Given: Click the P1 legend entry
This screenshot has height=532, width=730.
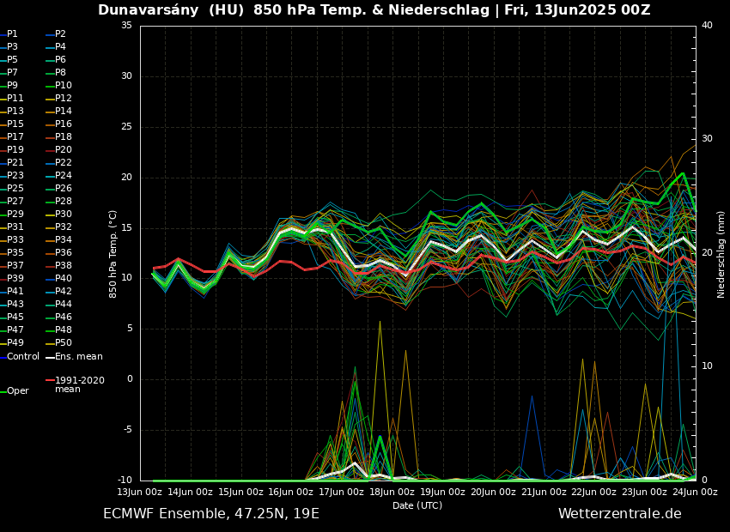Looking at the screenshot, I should pyautogui.click(x=12, y=34).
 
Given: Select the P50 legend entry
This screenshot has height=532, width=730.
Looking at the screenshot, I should pyautogui.click(x=64, y=343).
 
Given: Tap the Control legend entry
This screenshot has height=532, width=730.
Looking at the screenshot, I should pyautogui.click(x=23, y=357).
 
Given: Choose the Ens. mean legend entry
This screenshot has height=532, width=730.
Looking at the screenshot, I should pyautogui.click(x=78, y=357).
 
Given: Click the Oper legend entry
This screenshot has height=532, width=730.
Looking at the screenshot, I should pyautogui.click(x=18, y=391).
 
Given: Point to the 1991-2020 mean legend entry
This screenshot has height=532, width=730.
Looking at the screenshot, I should pyautogui.click(x=79, y=384).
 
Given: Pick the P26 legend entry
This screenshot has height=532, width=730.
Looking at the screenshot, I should pyautogui.click(x=64, y=189).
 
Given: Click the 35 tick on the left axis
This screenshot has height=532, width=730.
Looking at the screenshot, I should pyautogui.click(x=126, y=26).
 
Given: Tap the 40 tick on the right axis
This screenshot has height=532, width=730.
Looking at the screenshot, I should pyautogui.click(x=707, y=26).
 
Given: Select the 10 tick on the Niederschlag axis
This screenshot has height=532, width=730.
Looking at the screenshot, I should pyautogui.click(x=707, y=366).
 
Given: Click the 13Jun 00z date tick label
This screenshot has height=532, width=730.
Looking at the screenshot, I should pyautogui.click(x=139, y=493).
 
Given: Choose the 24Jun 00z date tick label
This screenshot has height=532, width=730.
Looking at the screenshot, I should pyautogui.click(x=695, y=493).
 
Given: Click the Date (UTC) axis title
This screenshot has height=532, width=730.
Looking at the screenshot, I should pyautogui.click(x=417, y=506).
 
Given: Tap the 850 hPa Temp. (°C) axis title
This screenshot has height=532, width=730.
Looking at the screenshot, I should pyautogui.click(x=113, y=253).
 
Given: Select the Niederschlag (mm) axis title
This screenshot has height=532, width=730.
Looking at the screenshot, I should pyautogui.click(x=721, y=254).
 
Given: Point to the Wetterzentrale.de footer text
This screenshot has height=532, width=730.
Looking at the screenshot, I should pyautogui.click(x=619, y=514).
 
